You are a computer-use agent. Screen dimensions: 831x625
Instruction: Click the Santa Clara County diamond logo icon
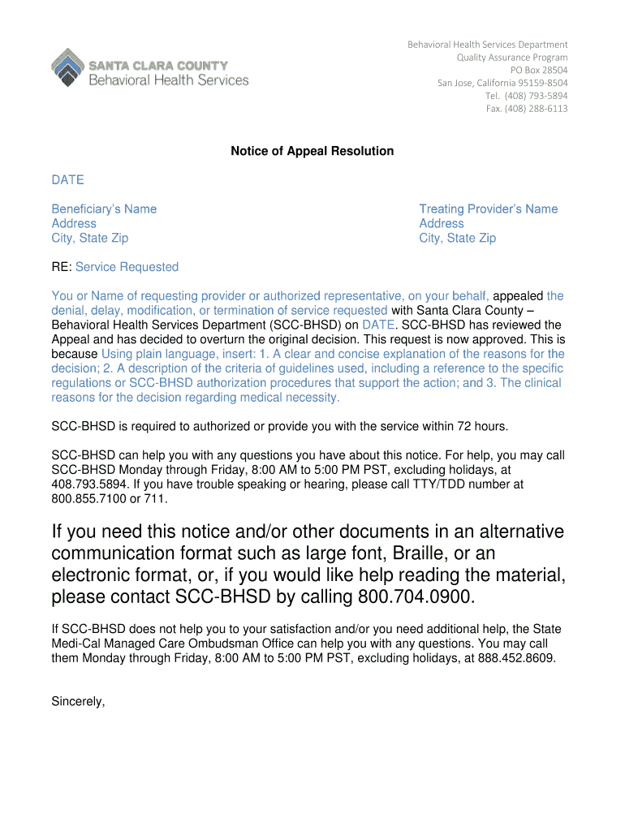(67, 66)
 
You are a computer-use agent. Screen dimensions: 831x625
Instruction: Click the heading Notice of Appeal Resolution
(312, 151)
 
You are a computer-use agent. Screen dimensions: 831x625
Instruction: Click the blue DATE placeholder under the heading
(67, 180)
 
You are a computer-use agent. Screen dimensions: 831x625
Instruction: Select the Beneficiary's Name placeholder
(104, 209)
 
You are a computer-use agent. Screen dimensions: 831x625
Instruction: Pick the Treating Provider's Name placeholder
(488, 209)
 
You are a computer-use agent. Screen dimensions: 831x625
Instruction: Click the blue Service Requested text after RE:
(127, 267)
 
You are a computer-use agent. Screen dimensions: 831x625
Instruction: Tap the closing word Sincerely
(78, 702)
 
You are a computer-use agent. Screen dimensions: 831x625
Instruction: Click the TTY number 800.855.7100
(85, 498)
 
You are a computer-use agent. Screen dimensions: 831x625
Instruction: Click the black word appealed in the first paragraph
(519, 295)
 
